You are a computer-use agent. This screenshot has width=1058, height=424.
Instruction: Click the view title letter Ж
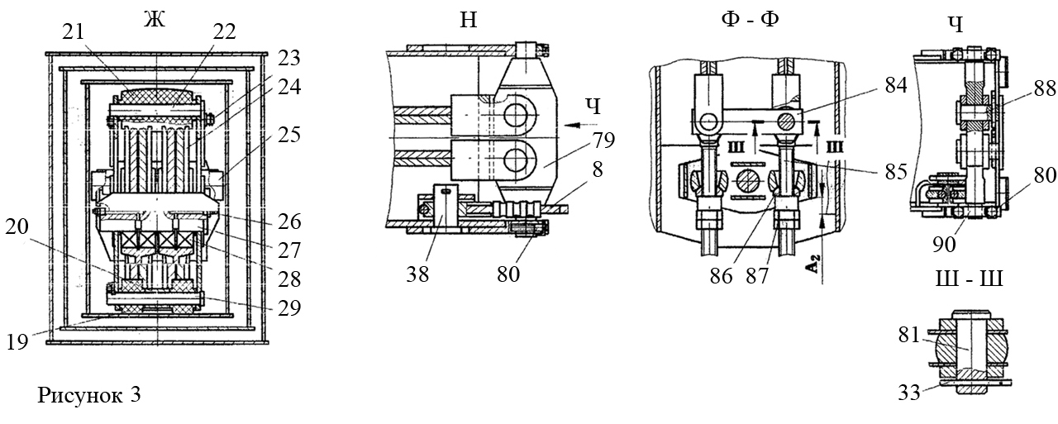tap(155, 20)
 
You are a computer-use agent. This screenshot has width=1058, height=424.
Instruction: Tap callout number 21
tap(74, 31)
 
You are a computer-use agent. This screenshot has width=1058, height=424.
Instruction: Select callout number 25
tap(289, 135)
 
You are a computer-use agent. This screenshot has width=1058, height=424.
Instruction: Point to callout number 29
tap(289, 307)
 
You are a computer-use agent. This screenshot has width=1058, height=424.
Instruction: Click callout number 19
tap(17, 342)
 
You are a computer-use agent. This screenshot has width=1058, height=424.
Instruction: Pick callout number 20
tap(17, 227)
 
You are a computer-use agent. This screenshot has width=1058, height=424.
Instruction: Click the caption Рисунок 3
tap(88, 395)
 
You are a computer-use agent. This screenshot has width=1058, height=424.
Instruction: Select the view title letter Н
tap(468, 21)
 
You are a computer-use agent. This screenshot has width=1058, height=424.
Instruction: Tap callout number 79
tap(603, 141)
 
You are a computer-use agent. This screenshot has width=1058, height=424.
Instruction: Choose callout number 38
tap(417, 274)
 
